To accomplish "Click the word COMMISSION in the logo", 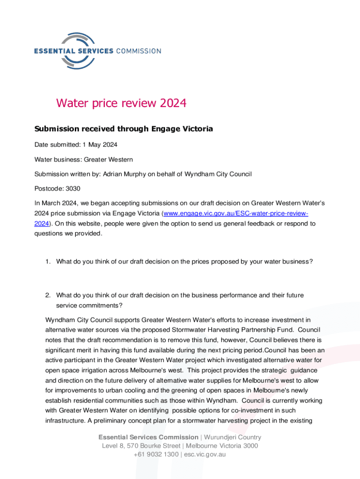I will (x=138, y=51).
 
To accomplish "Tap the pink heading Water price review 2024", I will (x=121, y=103).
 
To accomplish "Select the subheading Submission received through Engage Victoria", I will (x=123, y=129).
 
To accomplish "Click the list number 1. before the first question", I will (x=48, y=262).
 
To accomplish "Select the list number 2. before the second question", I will (x=48, y=295).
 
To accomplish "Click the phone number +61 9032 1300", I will (x=155, y=454).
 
